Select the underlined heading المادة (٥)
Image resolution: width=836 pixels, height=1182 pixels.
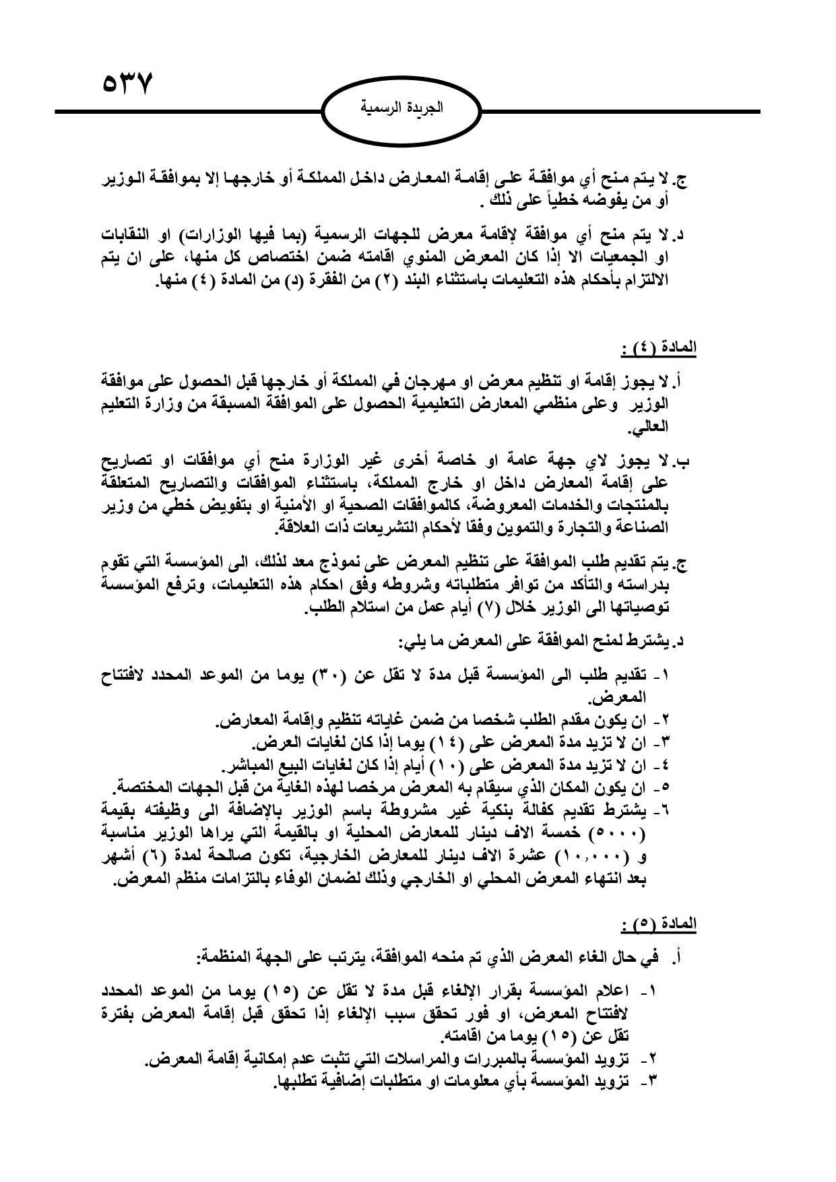click(x=657, y=924)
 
